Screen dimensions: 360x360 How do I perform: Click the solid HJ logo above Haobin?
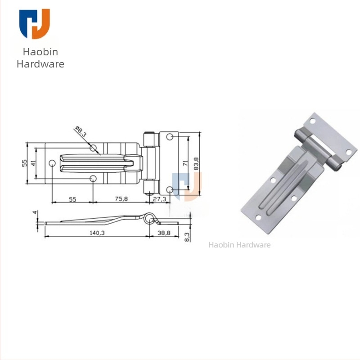(x=35, y=24)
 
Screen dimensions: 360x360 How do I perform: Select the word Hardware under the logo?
(x=40, y=64)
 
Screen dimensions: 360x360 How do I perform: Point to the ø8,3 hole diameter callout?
(x=81, y=131)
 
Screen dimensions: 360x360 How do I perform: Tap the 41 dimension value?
(x=33, y=163)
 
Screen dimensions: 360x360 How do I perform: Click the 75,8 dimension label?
(x=121, y=198)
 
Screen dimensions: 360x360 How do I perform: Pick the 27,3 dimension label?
(x=159, y=199)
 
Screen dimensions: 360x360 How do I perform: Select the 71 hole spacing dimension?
(x=185, y=163)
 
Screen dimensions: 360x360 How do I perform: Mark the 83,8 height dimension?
(x=196, y=163)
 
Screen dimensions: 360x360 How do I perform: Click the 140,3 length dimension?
(x=97, y=233)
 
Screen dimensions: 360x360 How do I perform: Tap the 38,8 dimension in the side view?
(x=164, y=233)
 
